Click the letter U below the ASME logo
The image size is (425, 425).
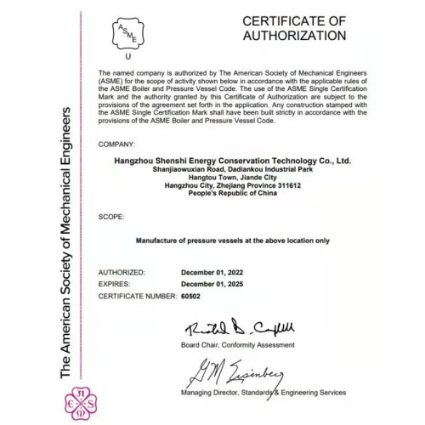tap(127, 58)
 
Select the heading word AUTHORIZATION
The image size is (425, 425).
tap(295, 37)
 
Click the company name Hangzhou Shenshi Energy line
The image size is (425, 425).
tap(232, 159)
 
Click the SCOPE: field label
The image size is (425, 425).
tap(111, 218)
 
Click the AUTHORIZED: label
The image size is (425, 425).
tap(122, 272)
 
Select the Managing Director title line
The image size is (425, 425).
tap(263, 393)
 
